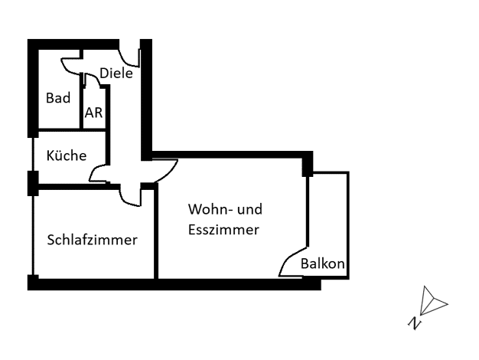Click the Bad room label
(x=58, y=98)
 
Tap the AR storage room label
(x=93, y=113)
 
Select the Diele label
(x=116, y=73)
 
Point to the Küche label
(x=67, y=155)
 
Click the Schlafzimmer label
(x=93, y=240)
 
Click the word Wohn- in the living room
(x=208, y=209)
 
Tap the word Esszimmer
(x=223, y=230)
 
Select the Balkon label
(x=323, y=263)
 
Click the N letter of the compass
(x=414, y=323)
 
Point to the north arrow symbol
(x=433, y=301)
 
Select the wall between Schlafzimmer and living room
(x=156, y=232)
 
